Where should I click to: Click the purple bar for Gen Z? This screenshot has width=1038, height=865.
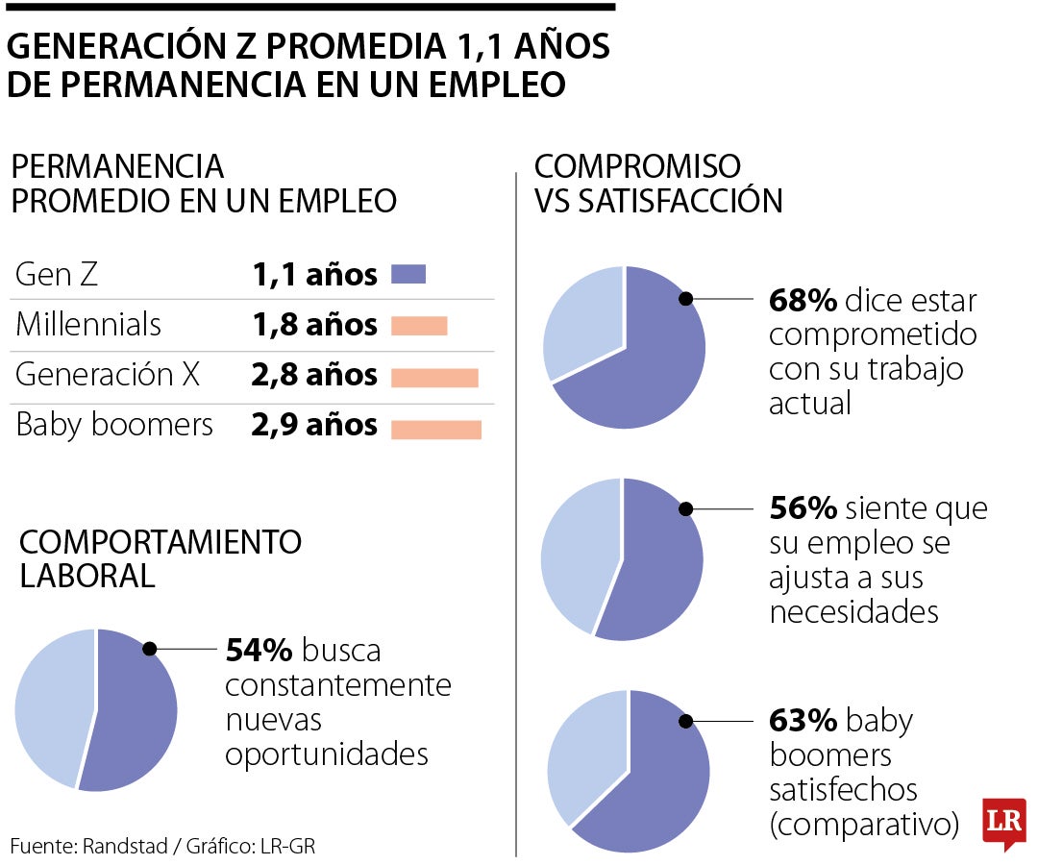(x=408, y=275)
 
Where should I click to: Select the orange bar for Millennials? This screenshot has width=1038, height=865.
(x=419, y=326)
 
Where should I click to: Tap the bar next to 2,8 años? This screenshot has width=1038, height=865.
(x=434, y=377)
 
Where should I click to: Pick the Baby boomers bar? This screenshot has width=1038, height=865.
(x=435, y=429)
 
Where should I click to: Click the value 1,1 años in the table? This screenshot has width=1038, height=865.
(x=314, y=276)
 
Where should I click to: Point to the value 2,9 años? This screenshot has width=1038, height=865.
(x=314, y=426)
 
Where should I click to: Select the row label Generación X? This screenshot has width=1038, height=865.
(x=108, y=375)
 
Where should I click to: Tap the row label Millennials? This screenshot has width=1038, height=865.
(x=88, y=325)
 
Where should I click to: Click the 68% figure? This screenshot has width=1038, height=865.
(x=803, y=301)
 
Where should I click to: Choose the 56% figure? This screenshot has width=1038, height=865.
(x=803, y=508)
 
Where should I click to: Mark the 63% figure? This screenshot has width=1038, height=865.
(x=803, y=720)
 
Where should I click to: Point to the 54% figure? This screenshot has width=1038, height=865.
(x=259, y=651)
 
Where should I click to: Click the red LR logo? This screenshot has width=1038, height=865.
(x=1003, y=824)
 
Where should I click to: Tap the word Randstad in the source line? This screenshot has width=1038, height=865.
(x=122, y=847)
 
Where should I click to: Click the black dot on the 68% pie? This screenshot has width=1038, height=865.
(x=686, y=298)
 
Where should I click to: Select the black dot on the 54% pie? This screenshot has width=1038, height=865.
(x=149, y=649)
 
